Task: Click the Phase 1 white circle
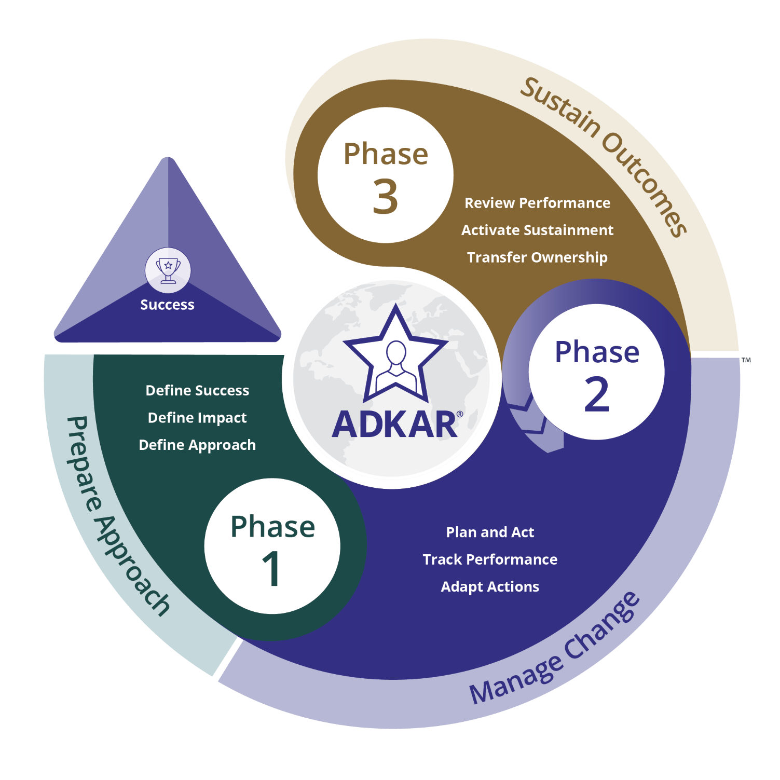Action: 272,546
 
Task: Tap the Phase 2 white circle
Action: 597,372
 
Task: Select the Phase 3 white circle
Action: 386,175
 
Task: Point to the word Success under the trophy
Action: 167,305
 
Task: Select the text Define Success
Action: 197,390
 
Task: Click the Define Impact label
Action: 197,418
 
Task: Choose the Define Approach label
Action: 197,445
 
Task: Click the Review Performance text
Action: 537,203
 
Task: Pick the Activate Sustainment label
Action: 537,230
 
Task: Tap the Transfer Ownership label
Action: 537,257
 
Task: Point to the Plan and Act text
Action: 490,532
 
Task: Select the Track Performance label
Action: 490,559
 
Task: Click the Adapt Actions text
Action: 490,586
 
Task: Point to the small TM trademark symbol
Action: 746,360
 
